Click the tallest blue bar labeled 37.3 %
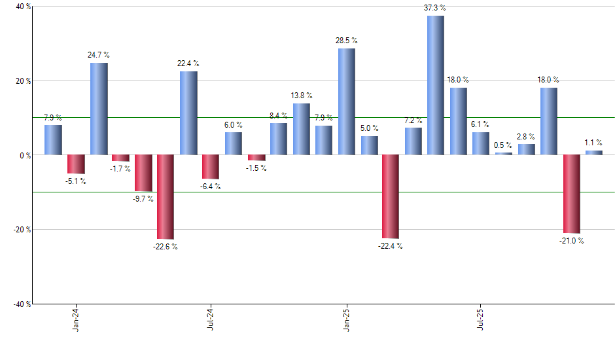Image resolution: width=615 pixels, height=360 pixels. pyautogui.click(x=436, y=85)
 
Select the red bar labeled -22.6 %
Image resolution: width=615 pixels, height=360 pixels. pyautogui.click(x=166, y=196)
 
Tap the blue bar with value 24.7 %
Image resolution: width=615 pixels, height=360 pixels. pyautogui.click(x=99, y=109)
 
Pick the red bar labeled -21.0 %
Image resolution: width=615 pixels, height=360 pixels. pyautogui.click(x=571, y=194)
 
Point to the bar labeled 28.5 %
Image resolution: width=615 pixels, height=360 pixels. pyautogui.click(x=347, y=101)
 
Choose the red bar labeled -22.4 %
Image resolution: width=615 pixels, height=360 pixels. pyautogui.click(x=391, y=196)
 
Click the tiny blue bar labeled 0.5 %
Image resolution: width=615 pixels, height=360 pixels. pyautogui.click(x=504, y=154)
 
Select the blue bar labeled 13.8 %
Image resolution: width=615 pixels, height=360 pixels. pyautogui.click(x=302, y=129)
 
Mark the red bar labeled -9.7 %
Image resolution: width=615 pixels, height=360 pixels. pyautogui.click(x=143, y=173)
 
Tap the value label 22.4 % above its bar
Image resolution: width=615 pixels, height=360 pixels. pyautogui.click(x=188, y=63)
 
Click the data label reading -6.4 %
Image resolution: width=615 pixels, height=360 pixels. pyautogui.click(x=211, y=187)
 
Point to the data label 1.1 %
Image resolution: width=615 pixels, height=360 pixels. pyautogui.click(x=593, y=143)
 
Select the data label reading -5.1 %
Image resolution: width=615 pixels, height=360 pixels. pyautogui.click(x=76, y=181)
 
